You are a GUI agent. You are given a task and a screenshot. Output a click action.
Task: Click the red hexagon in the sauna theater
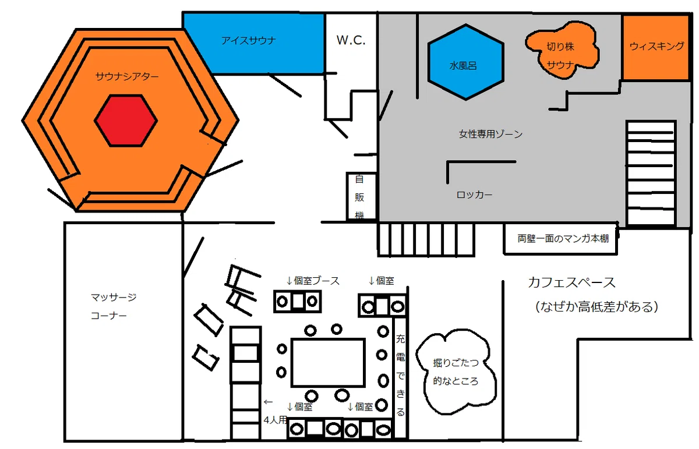pos(126,121)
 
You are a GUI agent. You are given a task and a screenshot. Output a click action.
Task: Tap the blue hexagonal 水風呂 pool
pos(465,62)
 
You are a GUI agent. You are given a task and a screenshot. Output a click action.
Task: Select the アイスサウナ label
pos(249,41)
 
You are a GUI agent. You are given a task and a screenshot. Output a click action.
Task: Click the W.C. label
pos(351,40)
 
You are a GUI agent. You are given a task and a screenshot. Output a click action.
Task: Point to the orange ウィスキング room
pos(656,47)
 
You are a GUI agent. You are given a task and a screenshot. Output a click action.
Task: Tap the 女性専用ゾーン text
pos(490,134)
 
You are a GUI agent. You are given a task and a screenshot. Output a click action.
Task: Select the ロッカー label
pos(474,195)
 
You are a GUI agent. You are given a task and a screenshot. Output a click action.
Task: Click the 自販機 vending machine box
pos(361,196)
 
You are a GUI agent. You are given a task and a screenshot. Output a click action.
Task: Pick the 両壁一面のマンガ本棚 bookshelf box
pos(561,239)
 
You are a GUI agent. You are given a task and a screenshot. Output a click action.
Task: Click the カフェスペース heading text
pos(571,282)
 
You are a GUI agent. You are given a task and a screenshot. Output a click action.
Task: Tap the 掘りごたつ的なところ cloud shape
pos(456,373)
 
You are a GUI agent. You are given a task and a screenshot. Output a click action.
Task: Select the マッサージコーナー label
pos(114,306)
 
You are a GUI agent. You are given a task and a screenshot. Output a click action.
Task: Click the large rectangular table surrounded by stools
pos(328,363)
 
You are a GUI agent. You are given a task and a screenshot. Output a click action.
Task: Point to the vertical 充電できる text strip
pos(400,376)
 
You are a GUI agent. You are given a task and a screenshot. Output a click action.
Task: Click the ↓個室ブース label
pos(313,281)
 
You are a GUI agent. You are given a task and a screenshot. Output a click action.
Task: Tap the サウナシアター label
pos(127,76)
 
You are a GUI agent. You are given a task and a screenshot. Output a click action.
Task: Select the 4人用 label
pos(275,420)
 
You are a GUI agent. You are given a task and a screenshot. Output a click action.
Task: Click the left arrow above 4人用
pos(268,402)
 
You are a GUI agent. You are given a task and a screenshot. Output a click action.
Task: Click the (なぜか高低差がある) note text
pos(596,307)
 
